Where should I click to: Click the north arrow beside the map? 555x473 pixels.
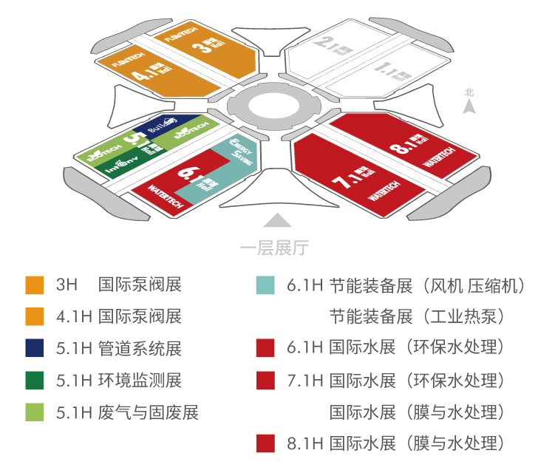point(468,107)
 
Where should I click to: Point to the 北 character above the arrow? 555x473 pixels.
point(469,92)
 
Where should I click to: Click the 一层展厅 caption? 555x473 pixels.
point(275,248)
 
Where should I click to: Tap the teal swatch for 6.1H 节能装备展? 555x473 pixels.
point(265,285)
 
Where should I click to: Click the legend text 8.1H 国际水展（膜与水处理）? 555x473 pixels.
point(395,443)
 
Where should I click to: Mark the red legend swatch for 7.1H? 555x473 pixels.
point(265,380)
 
